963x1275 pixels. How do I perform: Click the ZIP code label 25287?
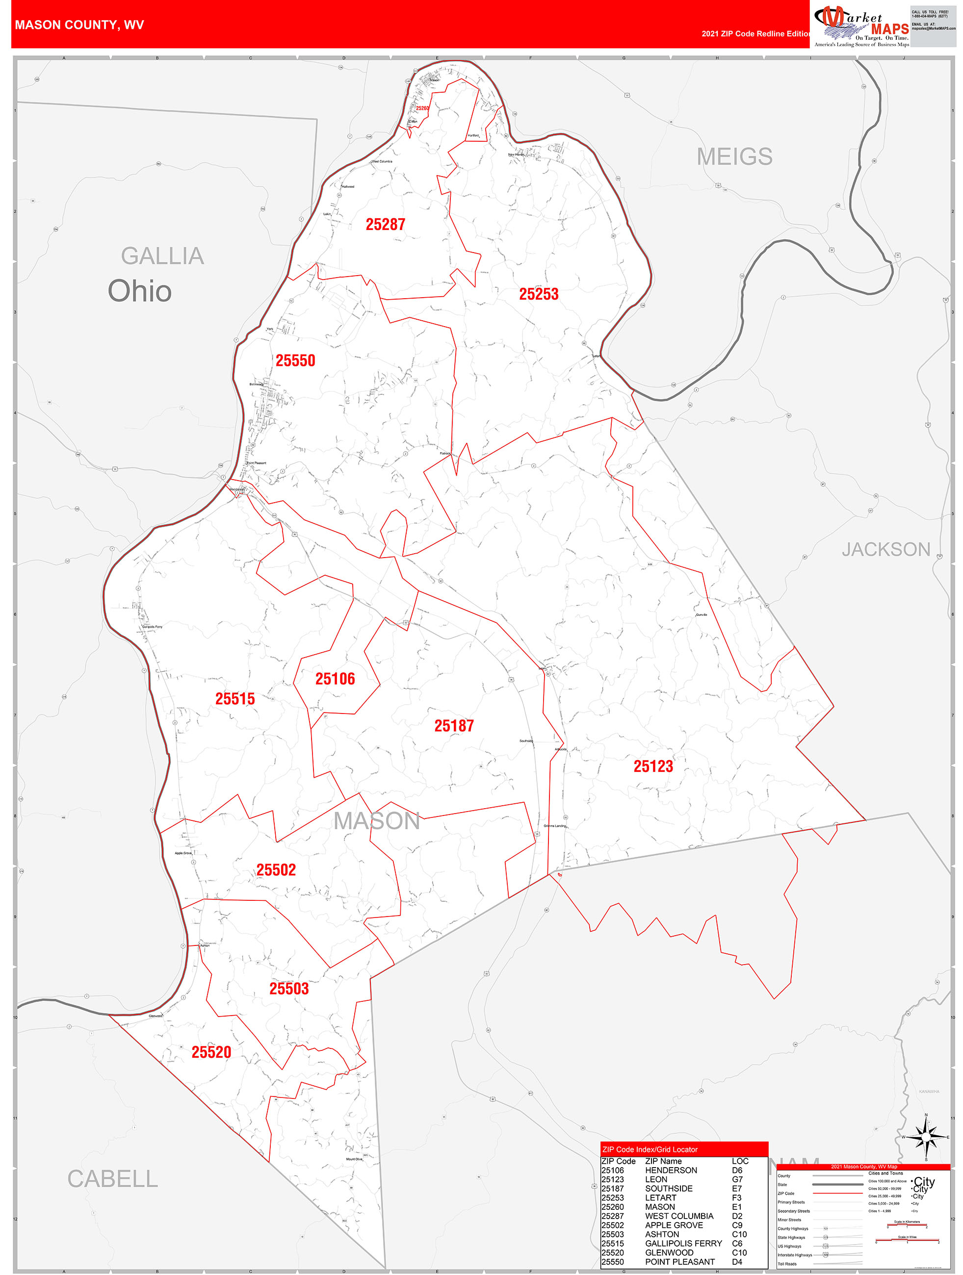tap(385, 224)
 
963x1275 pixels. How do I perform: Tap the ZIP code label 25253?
tap(539, 294)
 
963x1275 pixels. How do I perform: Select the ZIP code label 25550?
tap(295, 361)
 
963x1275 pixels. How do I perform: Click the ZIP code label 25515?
tap(234, 699)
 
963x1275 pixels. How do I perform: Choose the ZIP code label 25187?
tap(454, 726)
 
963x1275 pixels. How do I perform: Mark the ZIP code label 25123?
tap(653, 766)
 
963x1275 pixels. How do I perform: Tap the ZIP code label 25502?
tap(276, 870)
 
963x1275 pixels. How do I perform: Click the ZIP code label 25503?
tap(289, 989)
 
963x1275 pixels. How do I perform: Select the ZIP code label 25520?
tap(211, 1052)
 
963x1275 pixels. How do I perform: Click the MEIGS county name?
tap(734, 157)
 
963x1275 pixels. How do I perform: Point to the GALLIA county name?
tap(162, 256)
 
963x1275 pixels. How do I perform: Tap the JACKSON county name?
tap(885, 549)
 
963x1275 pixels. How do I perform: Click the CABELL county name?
tap(112, 1179)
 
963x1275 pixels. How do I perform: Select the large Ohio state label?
tap(139, 291)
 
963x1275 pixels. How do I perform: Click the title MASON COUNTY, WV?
tap(79, 25)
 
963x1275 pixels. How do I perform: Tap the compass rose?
tap(926, 1137)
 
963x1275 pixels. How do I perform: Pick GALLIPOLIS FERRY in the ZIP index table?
tap(683, 1243)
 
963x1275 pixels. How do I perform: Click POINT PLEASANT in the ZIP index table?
tap(679, 1262)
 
